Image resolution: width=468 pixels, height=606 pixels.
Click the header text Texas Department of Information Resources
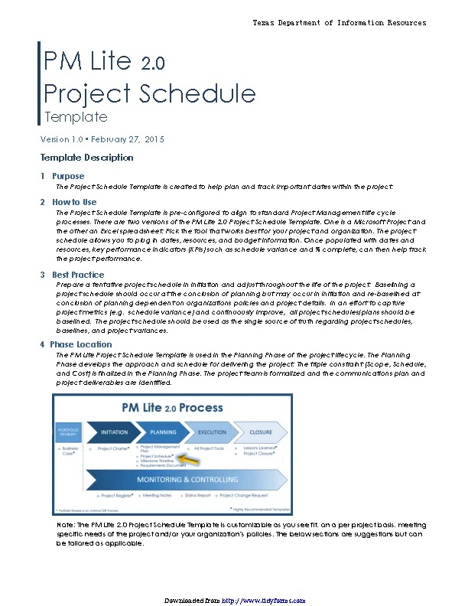[340, 23]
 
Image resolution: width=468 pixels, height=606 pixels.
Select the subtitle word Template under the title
[76, 117]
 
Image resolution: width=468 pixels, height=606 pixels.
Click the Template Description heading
[86, 158]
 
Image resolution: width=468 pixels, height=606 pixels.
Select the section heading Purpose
[68, 176]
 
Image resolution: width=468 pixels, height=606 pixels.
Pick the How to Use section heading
[74, 202]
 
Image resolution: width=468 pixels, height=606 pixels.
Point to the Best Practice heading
[79, 274]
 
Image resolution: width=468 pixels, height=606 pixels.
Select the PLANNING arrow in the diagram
[163, 432]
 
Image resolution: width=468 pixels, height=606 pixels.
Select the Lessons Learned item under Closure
[260, 448]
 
